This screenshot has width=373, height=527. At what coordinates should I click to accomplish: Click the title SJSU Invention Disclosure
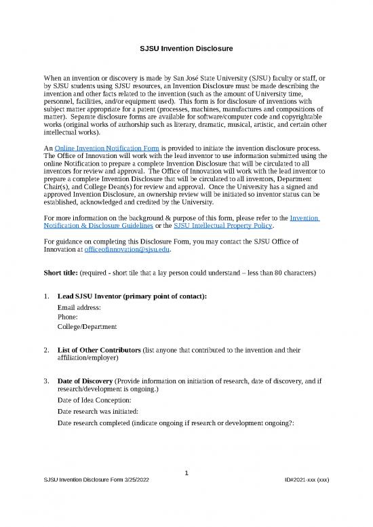pyautogui.click(x=186, y=49)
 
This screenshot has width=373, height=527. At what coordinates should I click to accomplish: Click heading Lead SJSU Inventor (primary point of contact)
pyautogui.click(x=132, y=296)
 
